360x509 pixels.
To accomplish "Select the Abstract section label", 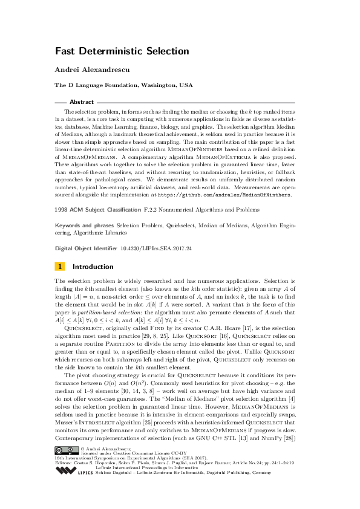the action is coord(82,103).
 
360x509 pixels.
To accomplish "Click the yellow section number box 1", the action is coord(59,266).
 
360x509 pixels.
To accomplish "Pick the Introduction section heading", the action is coord(93,266).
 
